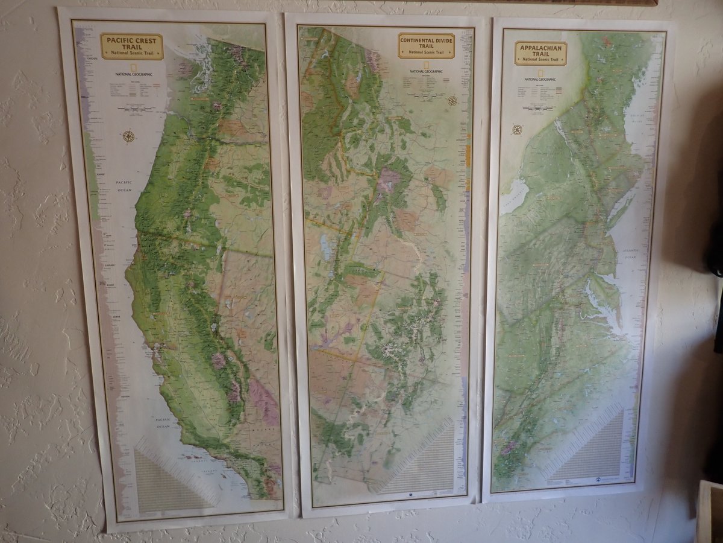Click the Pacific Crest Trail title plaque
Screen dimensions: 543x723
point(131,46)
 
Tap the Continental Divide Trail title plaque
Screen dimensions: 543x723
point(426,45)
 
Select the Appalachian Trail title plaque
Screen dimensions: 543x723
point(540,52)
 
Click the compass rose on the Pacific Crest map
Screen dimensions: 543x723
point(128,136)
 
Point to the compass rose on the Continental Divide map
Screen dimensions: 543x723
point(452,101)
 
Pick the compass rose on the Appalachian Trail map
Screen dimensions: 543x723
point(517,129)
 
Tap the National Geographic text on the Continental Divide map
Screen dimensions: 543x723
point(425,71)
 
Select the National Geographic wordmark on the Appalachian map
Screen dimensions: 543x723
point(540,79)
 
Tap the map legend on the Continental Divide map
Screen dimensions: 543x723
point(425,86)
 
